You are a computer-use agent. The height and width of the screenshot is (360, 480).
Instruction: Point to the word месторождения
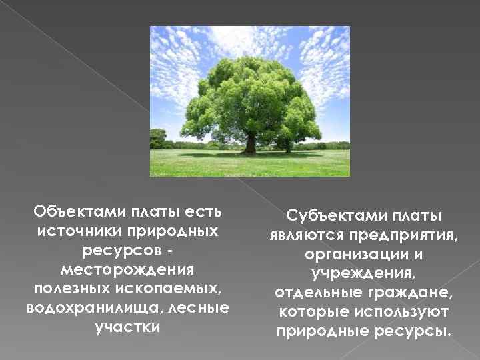[x=127, y=270]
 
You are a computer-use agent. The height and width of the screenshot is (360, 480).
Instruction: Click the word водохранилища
[x=75, y=308]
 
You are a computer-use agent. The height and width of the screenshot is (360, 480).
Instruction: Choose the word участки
[x=127, y=327]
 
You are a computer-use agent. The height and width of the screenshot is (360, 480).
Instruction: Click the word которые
[x=311, y=313]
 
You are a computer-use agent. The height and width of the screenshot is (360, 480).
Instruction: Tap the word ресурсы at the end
[x=419, y=332]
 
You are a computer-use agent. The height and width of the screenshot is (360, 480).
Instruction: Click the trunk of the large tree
[x=249, y=143]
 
